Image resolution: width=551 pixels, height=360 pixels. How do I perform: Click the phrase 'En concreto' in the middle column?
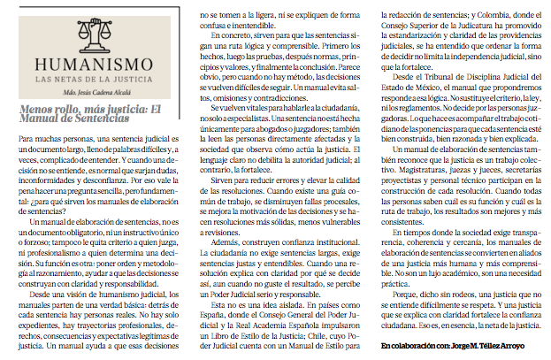click(x=227, y=37)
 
